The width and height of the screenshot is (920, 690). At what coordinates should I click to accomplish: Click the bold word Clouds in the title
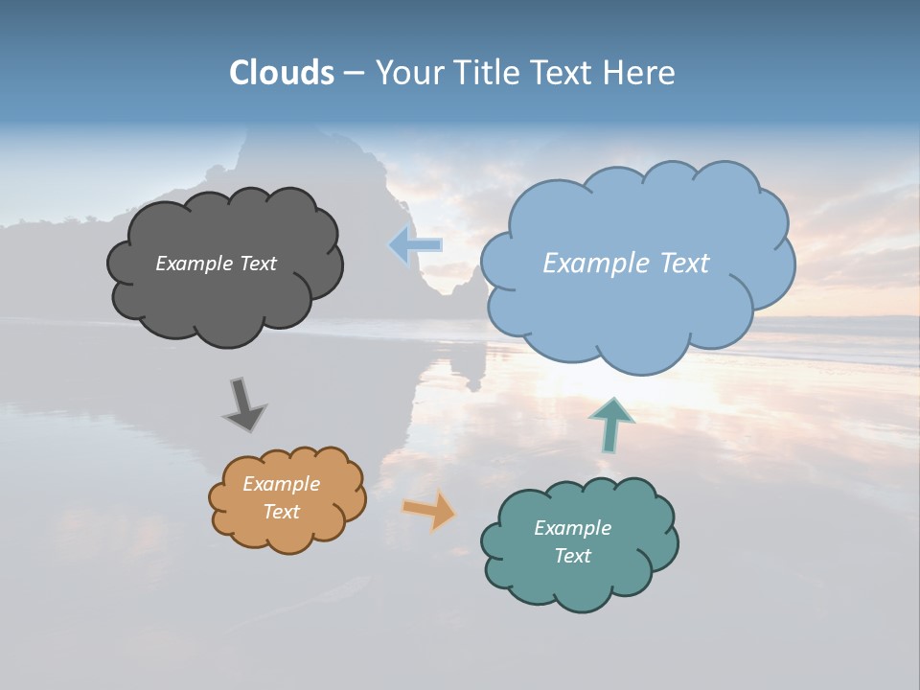pyautogui.click(x=281, y=73)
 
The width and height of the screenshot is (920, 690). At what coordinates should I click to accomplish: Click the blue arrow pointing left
pyautogui.click(x=416, y=246)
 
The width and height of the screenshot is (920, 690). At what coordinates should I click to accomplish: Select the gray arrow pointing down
pyautogui.click(x=244, y=404)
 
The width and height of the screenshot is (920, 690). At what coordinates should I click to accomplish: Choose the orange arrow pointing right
pyautogui.click(x=429, y=510)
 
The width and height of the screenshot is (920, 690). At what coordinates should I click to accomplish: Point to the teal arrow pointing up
pyautogui.click(x=611, y=424)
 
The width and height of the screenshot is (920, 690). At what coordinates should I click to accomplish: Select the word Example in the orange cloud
pyautogui.click(x=281, y=484)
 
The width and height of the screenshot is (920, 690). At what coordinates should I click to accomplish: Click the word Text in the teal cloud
pyautogui.click(x=572, y=556)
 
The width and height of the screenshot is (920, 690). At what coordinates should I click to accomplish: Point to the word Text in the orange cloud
pyautogui.click(x=281, y=512)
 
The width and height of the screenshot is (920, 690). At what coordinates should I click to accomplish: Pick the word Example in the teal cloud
pyautogui.click(x=572, y=528)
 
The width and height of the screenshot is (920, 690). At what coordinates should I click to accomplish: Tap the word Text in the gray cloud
pyautogui.click(x=256, y=264)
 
